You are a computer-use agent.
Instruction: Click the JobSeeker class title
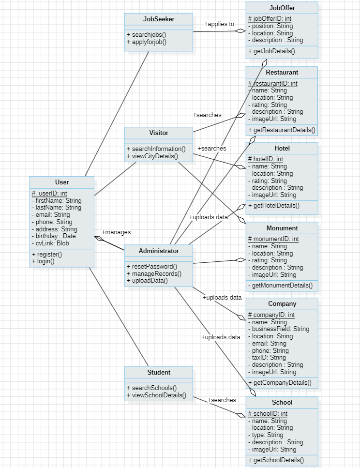coord(159,19)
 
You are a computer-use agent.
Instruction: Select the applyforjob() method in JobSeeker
coord(146,42)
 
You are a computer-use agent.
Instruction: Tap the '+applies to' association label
coord(219,24)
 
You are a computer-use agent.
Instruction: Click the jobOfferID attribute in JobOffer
coord(270,19)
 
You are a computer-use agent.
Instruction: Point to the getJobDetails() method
coord(271,51)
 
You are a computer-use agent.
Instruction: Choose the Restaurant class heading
coord(282,72)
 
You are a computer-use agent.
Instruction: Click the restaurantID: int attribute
coord(272,84)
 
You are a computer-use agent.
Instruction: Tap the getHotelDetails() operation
coord(274,206)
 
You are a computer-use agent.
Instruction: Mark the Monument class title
coord(282,228)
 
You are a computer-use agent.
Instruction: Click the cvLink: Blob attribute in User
coord(50,243)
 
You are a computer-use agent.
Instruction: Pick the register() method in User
coord(47,254)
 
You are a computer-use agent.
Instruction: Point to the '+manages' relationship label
coord(116,232)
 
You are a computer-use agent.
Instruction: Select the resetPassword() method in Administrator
coord(152,266)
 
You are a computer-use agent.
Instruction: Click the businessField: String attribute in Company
coord(278,329)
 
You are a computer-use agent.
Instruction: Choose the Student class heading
coord(159,372)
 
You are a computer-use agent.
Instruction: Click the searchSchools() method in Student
coord(151,388)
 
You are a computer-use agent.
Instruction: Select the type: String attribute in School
coord(266,435)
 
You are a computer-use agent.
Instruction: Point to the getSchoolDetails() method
coord(276,460)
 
